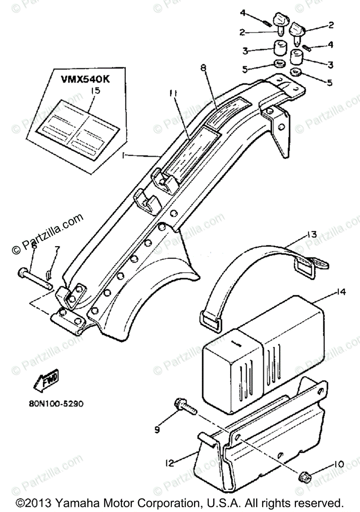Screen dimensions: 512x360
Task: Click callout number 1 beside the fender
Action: pyautogui.click(x=123, y=157)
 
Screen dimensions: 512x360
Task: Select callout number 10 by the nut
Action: pyautogui.click(x=338, y=464)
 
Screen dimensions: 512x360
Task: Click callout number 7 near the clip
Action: pyautogui.click(x=58, y=249)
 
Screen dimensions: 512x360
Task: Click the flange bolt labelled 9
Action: pyautogui.click(x=184, y=405)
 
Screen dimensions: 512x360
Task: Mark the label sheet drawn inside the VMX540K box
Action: pyautogui.click(x=77, y=124)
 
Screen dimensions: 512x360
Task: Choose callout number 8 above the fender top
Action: pyautogui.click(x=203, y=68)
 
